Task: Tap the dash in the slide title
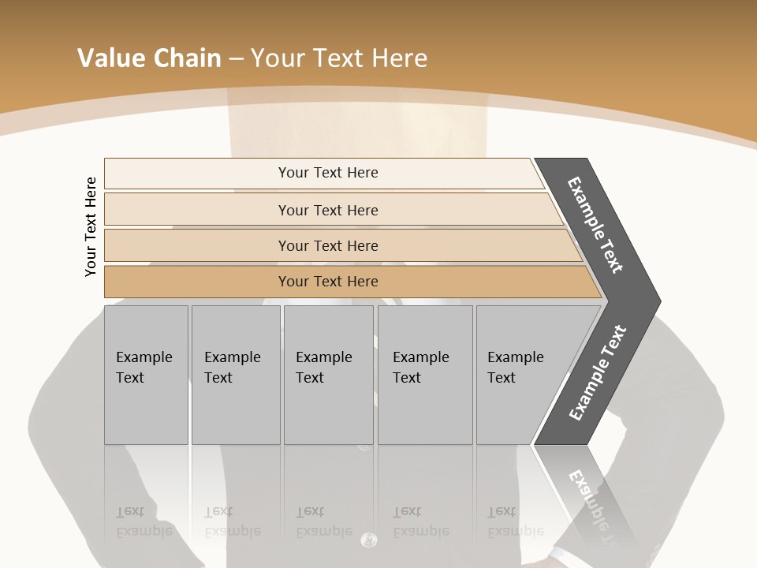coord(236,58)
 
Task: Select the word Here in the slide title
coord(399,58)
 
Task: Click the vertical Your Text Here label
coord(91,226)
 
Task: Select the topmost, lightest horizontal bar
coord(327,173)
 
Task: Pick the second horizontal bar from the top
coord(327,210)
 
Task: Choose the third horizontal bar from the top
coord(327,245)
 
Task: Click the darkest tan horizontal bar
coord(327,282)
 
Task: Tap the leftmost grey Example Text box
coord(146,375)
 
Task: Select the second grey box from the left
coord(235,375)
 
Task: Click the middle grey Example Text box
coord(328,375)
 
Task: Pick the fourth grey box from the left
coord(425,375)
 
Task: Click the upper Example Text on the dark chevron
coord(596,224)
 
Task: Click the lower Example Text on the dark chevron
coord(598,373)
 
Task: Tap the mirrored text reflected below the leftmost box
coord(144,521)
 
